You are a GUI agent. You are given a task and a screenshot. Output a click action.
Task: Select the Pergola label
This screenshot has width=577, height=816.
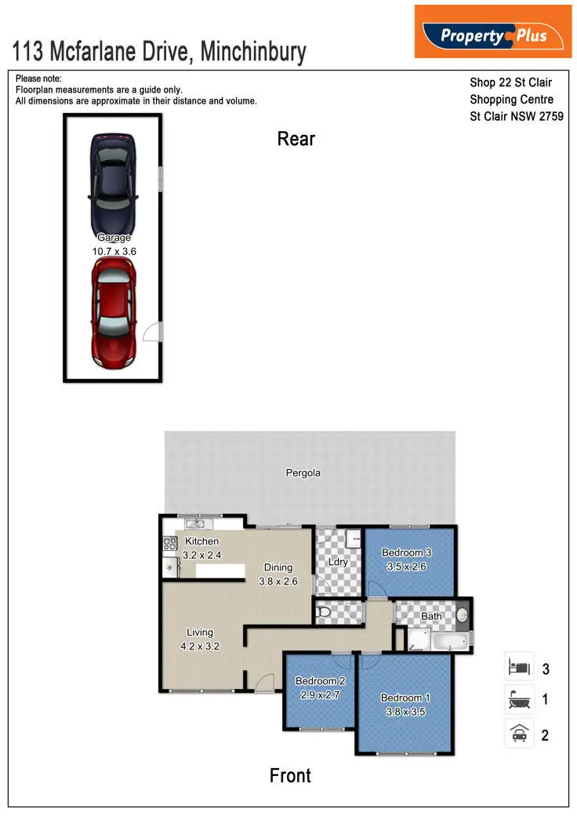click(x=303, y=473)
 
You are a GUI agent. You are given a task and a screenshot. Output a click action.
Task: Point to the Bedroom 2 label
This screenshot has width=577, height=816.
click(x=320, y=681)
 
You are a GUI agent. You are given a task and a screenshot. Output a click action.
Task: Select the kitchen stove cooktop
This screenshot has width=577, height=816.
click(x=169, y=542)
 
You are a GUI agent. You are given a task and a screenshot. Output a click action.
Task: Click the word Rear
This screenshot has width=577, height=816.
click(x=296, y=139)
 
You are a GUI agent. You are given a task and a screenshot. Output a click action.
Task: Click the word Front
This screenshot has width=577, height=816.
click(x=290, y=775)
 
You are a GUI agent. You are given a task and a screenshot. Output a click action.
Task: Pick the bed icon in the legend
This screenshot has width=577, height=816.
click(x=518, y=668)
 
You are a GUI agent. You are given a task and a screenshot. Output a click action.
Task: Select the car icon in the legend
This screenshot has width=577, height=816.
click(x=518, y=734)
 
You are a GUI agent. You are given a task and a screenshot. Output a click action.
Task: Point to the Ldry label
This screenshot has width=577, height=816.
click(x=339, y=563)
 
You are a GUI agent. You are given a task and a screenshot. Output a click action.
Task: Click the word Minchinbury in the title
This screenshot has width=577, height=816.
click(x=253, y=53)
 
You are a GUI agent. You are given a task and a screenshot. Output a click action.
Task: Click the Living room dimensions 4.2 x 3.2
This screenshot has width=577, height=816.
click(x=200, y=647)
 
